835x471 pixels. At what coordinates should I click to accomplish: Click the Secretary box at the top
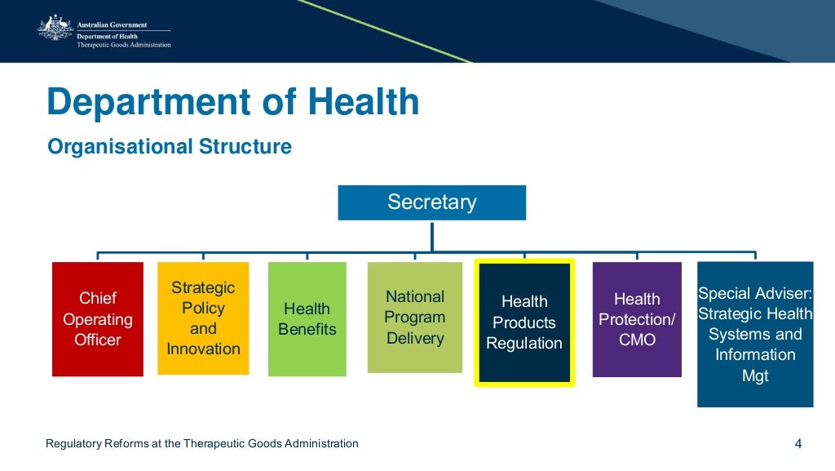point(431,202)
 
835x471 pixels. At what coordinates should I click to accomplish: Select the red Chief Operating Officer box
point(98,319)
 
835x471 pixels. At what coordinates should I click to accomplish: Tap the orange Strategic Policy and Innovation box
point(203,318)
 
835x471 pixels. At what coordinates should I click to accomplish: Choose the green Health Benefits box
point(307,319)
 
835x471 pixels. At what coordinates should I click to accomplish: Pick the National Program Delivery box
point(414,318)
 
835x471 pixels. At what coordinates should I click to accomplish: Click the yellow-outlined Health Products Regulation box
point(524,322)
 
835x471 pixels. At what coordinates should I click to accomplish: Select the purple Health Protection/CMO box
point(637,319)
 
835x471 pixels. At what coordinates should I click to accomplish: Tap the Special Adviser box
point(755,334)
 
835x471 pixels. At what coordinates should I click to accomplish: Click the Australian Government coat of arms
point(55,29)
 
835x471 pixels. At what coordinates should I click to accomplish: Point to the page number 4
point(798,444)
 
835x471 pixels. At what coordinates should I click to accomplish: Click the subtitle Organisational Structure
point(170,147)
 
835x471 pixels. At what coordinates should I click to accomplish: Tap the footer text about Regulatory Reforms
point(202,444)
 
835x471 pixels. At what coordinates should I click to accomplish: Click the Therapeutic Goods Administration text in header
point(124,45)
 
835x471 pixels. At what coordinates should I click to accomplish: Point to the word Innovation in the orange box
point(203,349)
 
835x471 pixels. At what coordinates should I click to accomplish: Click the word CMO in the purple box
point(637,340)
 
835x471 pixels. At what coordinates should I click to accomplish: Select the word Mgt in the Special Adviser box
point(755,376)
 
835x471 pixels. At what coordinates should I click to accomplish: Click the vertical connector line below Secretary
point(432,235)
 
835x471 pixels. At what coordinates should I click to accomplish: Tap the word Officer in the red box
point(98,340)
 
